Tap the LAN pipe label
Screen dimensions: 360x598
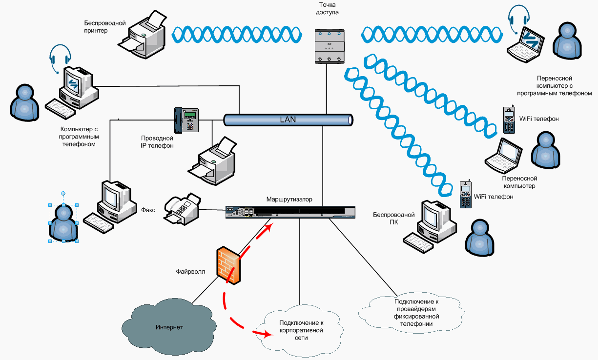(288, 119)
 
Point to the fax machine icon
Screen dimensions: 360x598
(183, 208)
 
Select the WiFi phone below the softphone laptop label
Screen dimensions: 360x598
(509, 120)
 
